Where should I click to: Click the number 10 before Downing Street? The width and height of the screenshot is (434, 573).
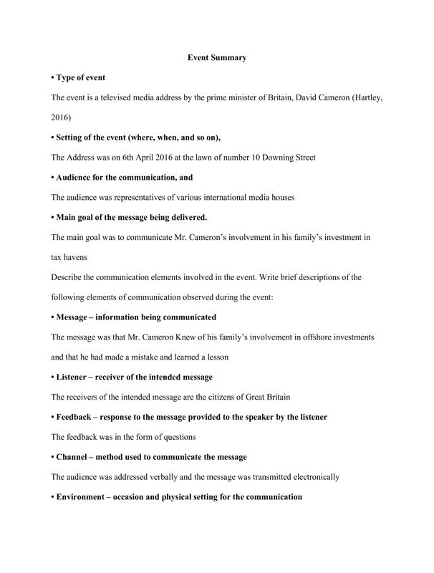tap(241, 156)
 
